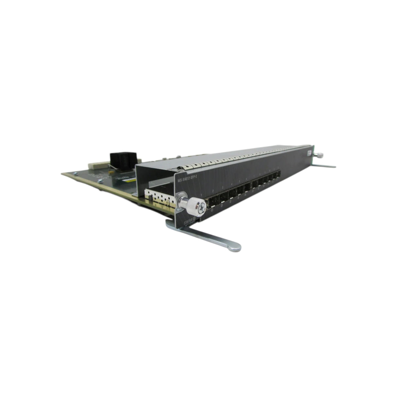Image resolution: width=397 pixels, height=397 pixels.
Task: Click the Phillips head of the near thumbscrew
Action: tap(202, 206)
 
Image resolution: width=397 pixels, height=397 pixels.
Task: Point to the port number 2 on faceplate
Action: tap(213, 191)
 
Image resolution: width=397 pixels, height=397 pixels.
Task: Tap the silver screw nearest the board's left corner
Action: tap(75, 174)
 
